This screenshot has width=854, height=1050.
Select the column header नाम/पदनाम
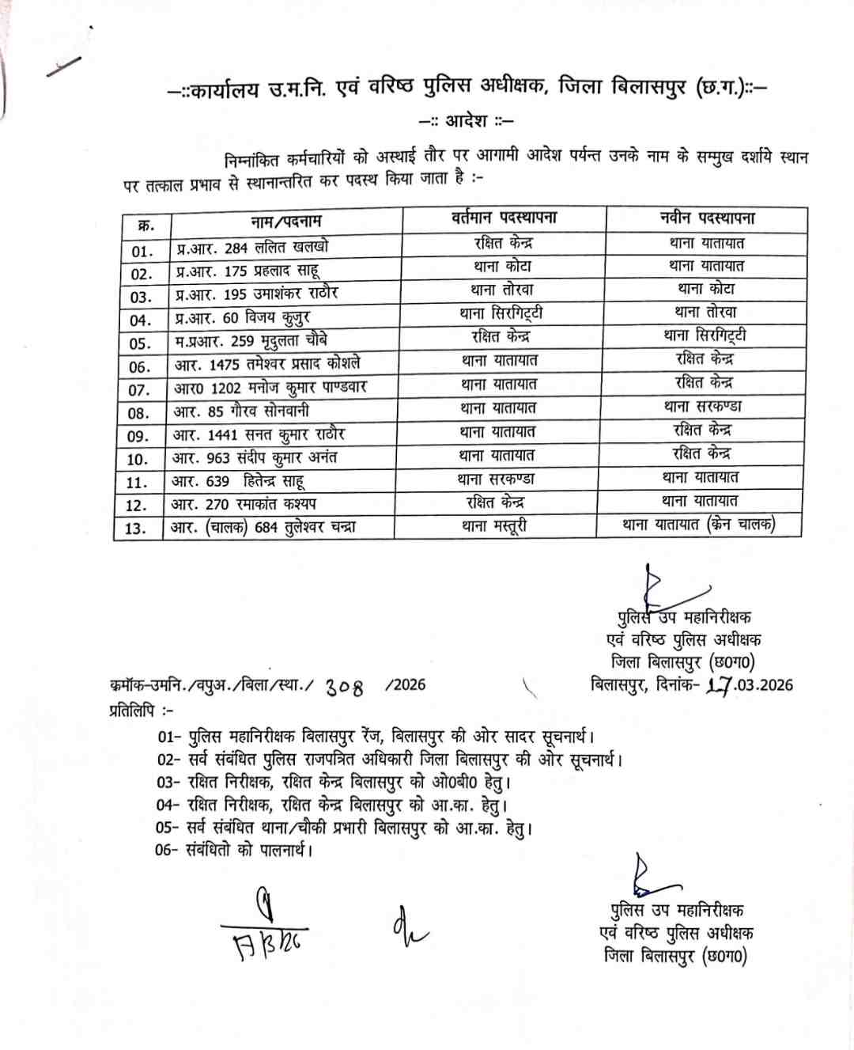(286, 222)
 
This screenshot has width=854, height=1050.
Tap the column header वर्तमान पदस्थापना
(504, 218)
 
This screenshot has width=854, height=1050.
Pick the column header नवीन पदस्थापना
(707, 218)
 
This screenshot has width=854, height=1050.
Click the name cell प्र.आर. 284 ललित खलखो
(253, 248)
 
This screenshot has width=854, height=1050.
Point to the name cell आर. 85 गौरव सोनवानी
(241, 411)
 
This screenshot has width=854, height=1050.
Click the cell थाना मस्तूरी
(495, 525)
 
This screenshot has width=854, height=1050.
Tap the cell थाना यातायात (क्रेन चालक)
(699, 524)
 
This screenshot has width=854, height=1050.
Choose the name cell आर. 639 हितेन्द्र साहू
(238, 481)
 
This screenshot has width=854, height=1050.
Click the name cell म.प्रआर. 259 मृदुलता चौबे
(251, 341)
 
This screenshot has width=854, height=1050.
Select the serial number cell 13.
(136, 529)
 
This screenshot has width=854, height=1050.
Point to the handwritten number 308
(345, 688)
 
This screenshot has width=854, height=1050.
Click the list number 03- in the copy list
(168, 783)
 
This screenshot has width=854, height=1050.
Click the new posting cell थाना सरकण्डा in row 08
(703, 407)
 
